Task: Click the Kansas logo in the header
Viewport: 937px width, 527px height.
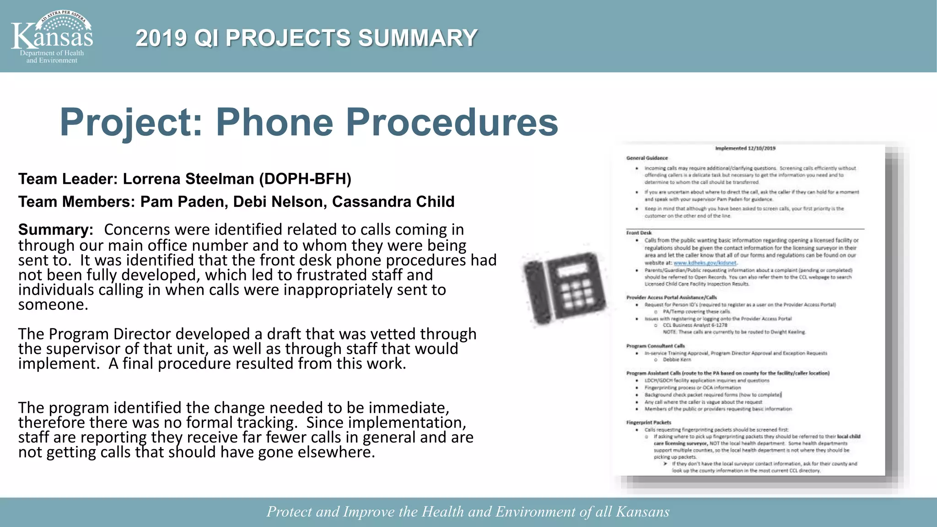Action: pos(52,37)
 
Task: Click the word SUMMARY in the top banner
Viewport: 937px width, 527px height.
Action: pos(417,38)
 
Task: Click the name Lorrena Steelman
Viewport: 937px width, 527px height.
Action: pos(188,179)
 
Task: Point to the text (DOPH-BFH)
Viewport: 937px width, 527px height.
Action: pos(305,179)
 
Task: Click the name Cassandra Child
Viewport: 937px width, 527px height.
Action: pos(393,202)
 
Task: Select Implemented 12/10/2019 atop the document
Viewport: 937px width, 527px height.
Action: pos(745,148)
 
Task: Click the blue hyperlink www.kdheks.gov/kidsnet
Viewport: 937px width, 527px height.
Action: pos(705,263)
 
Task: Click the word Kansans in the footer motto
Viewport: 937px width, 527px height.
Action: pos(642,511)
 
